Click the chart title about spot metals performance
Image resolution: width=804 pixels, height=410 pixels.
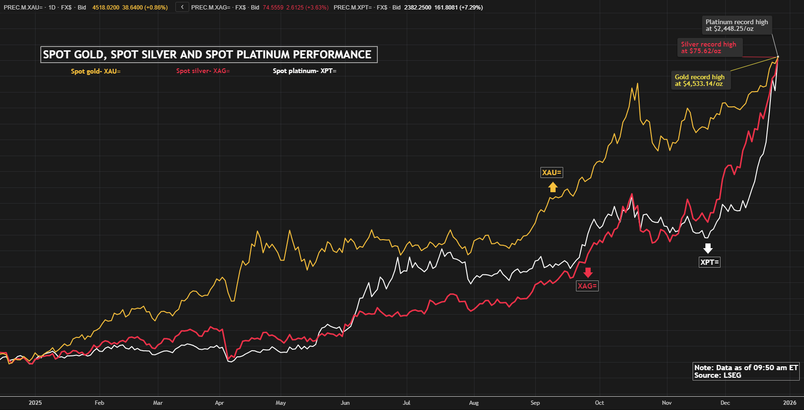[209, 55]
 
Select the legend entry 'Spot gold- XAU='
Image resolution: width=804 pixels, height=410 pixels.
[96, 71]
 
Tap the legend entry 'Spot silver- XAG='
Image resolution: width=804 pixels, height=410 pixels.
[203, 71]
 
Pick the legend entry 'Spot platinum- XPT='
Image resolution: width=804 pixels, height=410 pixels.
[304, 71]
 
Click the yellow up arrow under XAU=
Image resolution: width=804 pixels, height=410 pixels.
[553, 187]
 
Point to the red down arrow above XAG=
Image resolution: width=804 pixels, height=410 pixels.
[588, 272]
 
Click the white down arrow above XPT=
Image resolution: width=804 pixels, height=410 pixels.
[708, 248]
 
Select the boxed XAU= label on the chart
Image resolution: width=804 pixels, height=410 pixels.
[552, 173]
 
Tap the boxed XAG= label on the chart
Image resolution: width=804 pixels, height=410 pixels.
[587, 286]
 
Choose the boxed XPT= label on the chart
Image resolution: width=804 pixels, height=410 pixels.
[710, 262]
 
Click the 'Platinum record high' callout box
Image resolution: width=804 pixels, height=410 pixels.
[737, 25]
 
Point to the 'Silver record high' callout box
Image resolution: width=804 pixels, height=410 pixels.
[709, 47]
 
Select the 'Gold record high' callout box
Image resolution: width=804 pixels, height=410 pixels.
[700, 80]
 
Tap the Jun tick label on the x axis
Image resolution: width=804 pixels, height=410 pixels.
[345, 403]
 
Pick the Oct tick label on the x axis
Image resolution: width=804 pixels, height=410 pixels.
[599, 403]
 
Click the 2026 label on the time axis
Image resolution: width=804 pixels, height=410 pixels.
[789, 403]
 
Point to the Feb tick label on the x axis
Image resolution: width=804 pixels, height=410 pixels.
[99, 403]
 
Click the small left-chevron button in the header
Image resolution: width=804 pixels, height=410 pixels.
[182, 7]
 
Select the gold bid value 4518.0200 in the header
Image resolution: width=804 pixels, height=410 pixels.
[106, 8]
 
